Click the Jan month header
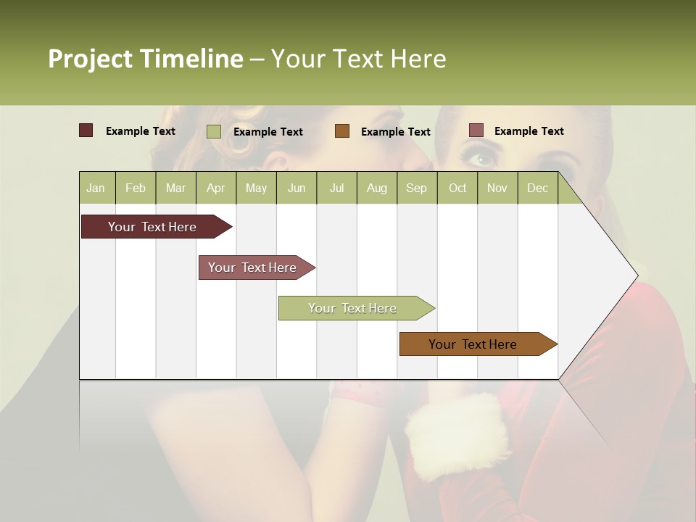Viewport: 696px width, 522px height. [96, 188]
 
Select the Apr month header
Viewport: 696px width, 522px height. [216, 188]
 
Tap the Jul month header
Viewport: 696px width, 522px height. [336, 188]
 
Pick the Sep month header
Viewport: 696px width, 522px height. [417, 188]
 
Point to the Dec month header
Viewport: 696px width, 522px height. [537, 188]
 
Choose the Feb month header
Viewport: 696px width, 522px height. [136, 188]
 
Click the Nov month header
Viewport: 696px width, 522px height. [497, 188]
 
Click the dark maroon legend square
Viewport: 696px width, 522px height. [86, 130]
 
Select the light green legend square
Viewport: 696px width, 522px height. [214, 131]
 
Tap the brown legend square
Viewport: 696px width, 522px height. [342, 131]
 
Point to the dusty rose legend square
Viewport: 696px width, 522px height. [476, 130]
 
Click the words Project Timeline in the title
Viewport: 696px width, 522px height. [146, 59]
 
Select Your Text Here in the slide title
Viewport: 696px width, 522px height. [359, 59]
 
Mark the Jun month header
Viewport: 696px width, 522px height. [297, 188]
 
